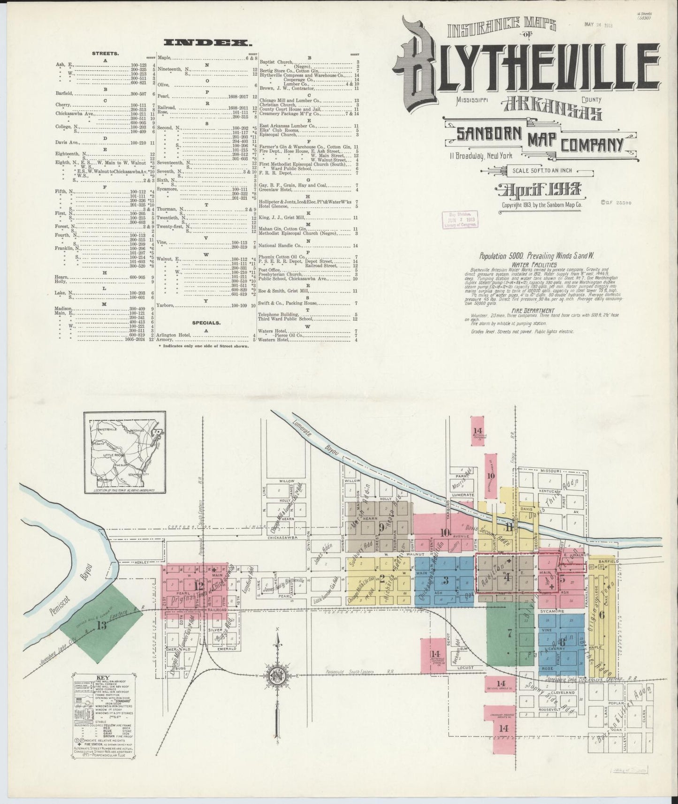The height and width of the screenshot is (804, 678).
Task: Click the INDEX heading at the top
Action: point(206,43)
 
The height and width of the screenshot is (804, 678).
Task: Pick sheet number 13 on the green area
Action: point(102,625)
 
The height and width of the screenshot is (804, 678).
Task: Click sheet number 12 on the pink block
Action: point(200,585)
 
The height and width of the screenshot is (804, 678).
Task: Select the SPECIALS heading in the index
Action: point(206,323)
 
